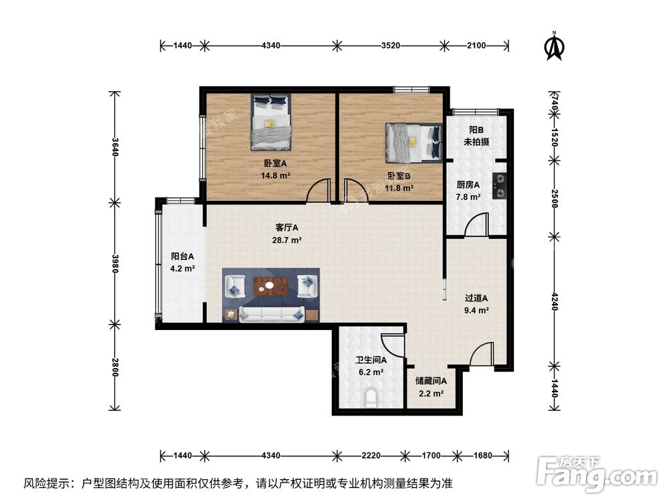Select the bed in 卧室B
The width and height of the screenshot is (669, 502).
(x=413, y=142)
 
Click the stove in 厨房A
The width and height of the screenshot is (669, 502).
(x=499, y=186)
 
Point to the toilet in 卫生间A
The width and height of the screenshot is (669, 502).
(x=371, y=400)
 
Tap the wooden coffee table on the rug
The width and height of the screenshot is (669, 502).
(x=270, y=287)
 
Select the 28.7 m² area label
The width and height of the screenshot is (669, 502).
(x=286, y=240)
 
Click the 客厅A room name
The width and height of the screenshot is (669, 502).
(x=286, y=227)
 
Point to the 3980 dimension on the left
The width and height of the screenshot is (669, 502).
(x=115, y=264)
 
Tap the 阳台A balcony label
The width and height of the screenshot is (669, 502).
(x=182, y=256)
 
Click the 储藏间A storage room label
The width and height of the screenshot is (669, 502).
(x=431, y=381)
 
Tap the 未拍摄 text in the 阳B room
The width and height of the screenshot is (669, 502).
(x=476, y=142)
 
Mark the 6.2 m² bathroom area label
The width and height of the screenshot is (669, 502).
(x=369, y=372)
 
